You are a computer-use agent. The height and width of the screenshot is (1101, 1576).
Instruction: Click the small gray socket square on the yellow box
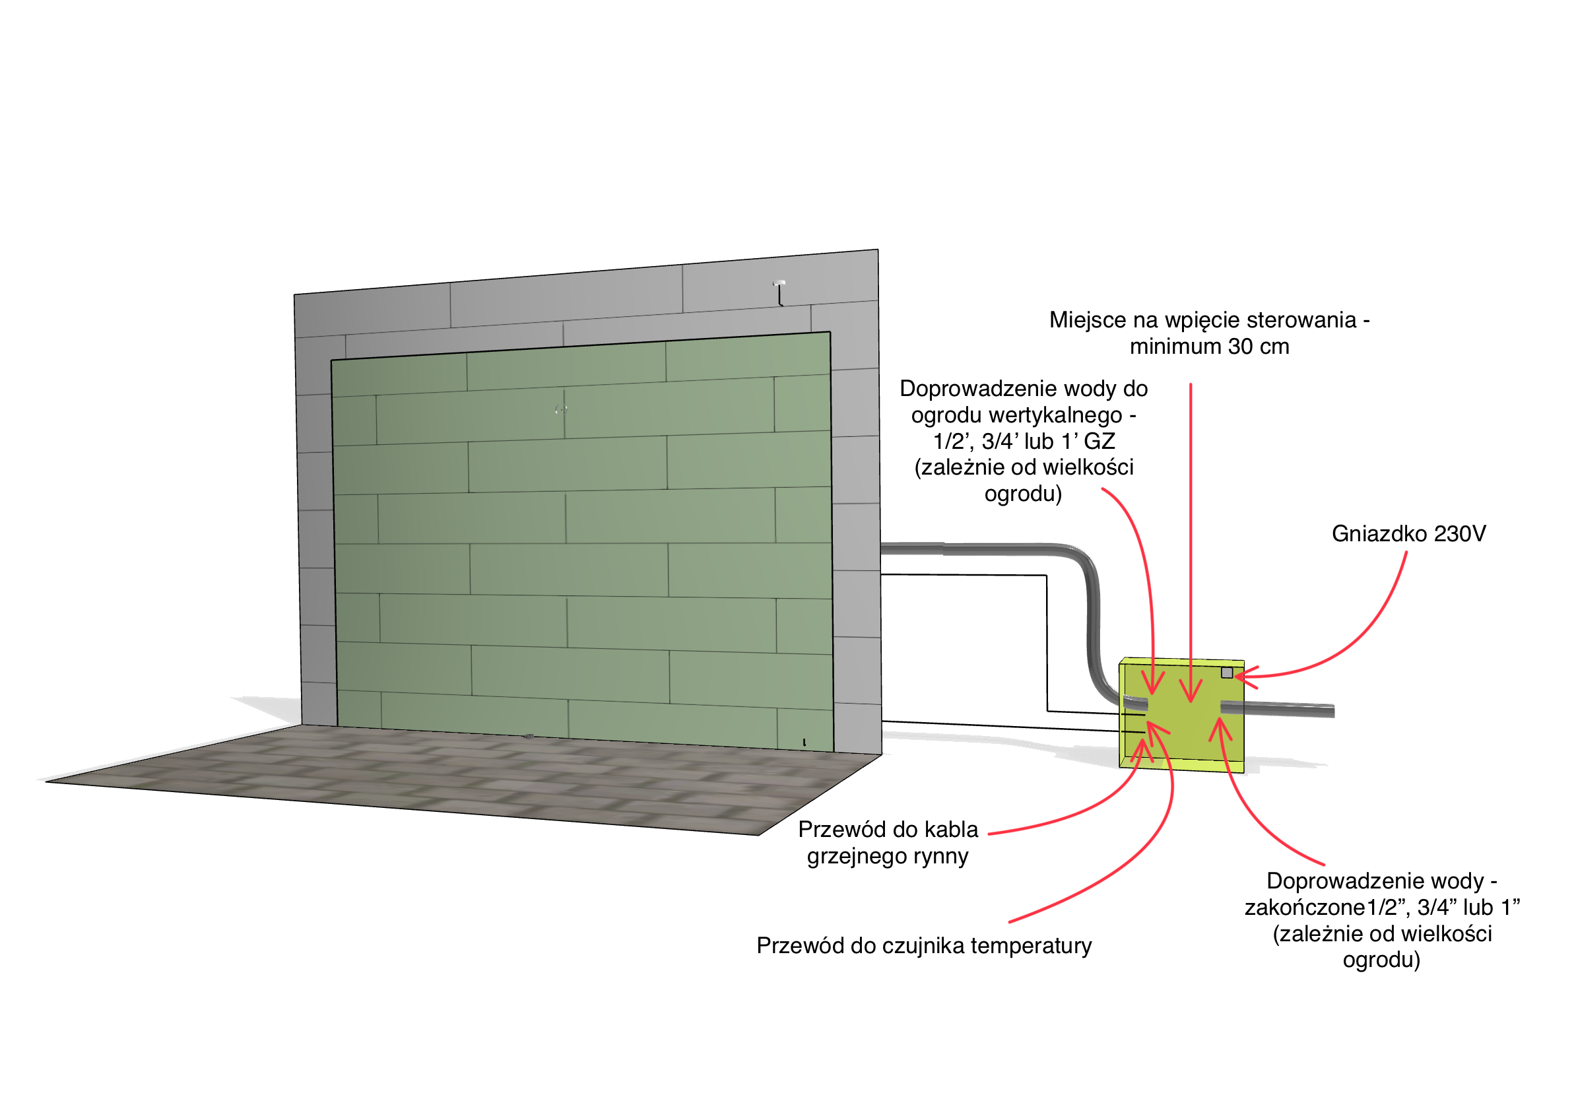click(1227, 673)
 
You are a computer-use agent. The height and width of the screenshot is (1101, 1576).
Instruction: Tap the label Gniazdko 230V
click(1408, 533)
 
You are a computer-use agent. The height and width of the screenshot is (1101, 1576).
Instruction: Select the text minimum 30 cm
click(1210, 347)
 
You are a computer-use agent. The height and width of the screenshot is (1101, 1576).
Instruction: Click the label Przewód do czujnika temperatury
click(924, 945)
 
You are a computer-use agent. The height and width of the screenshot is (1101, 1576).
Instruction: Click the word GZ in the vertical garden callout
click(1098, 442)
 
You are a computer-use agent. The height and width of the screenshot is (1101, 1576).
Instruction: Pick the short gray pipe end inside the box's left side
click(1136, 704)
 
